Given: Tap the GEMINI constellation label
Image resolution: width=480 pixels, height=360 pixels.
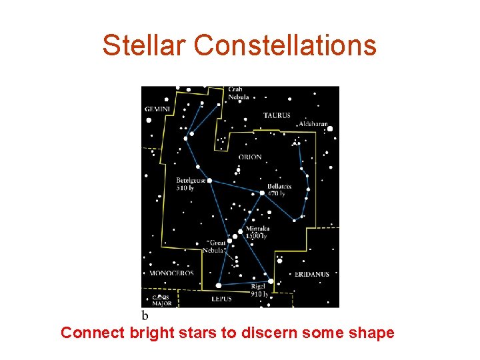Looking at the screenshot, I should coord(157,109).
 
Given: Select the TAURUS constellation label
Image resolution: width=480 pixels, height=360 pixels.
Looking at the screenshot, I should coord(277,115).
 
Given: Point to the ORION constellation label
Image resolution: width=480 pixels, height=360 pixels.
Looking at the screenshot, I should coord(250,157).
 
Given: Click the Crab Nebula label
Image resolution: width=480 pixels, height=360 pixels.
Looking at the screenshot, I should coord(238,93).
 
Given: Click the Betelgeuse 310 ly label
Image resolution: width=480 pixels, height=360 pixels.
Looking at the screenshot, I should coord(191,184).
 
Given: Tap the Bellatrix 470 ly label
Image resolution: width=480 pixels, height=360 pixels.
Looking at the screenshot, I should coord(279,190).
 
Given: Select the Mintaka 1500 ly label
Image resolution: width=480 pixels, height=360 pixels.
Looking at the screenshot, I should coord(257,232).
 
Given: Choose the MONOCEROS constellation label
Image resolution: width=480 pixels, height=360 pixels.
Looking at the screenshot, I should coord(171,273).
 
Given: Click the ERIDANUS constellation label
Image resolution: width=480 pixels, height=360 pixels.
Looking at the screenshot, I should coord(312,274).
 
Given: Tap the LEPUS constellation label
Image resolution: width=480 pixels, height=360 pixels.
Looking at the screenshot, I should coord(221,299).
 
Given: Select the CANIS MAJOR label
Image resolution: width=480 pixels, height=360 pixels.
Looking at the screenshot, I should coord(162,301).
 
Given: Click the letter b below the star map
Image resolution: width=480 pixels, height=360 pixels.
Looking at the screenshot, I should coord(145,314).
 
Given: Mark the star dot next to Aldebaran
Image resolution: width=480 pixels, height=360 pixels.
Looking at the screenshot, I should coord(329,128).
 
